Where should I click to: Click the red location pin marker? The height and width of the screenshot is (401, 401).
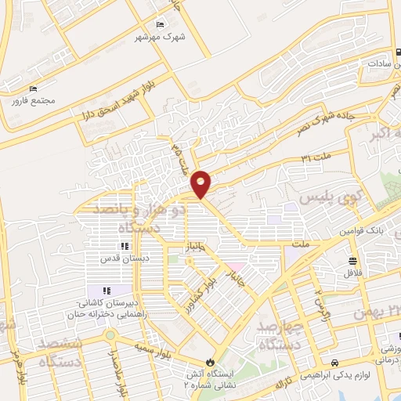201,183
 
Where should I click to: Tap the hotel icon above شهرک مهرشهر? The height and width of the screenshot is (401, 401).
161,25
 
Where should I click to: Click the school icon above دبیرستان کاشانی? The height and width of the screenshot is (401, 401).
106,292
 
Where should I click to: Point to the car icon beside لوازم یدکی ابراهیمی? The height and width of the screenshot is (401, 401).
334,363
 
